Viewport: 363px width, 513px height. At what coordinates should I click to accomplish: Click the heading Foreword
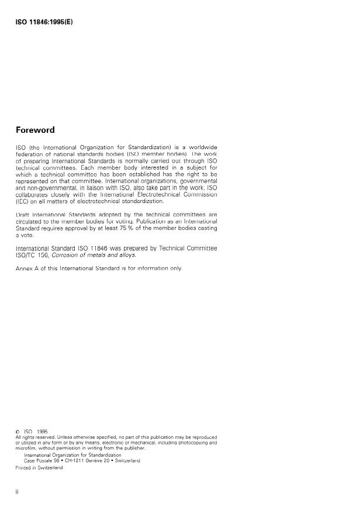34,130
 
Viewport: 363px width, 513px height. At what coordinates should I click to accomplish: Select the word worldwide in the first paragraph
201,147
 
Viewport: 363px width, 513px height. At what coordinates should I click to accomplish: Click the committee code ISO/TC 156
30,255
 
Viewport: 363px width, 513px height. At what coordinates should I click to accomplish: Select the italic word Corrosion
68,255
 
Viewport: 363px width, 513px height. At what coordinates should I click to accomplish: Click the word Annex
23,268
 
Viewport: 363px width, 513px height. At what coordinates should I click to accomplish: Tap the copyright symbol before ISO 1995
18,431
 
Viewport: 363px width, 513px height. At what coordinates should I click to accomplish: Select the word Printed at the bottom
23,467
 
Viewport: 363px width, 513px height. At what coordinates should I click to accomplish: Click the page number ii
16,493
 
